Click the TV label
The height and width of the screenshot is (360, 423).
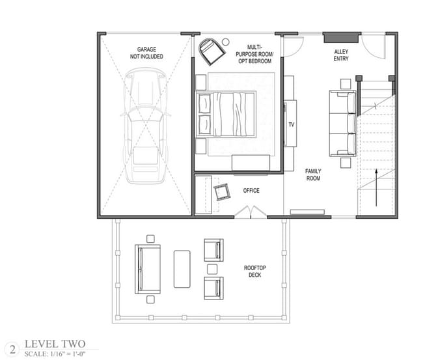click(x=291, y=124)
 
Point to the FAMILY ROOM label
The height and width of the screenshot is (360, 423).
click(x=314, y=174)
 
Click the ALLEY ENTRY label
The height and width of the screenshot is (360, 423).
click(x=342, y=55)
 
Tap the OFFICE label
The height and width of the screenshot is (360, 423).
click(x=251, y=191)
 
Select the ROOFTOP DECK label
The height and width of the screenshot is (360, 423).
click(x=254, y=271)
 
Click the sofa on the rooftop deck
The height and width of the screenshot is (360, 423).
click(x=148, y=268)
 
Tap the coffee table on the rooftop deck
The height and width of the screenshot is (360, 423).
click(x=182, y=268)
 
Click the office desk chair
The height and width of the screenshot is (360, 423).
click(x=223, y=191)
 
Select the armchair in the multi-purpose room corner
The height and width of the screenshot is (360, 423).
click(x=211, y=50)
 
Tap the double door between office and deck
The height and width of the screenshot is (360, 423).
click(x=249, y=211)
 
